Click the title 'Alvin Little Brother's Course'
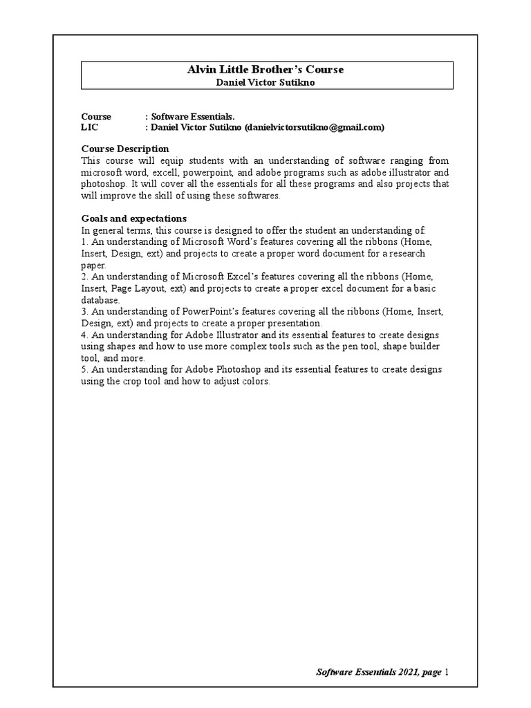click(266, 70)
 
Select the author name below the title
click(266, 82)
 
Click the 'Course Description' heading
click(125, 149)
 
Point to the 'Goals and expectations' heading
click(134, 218)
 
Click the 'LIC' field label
click(90, 127)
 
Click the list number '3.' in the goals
click(85, 312)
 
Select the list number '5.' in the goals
click(85, 370)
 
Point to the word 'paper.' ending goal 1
click(94, 265)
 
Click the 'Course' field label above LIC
click(96, 117)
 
